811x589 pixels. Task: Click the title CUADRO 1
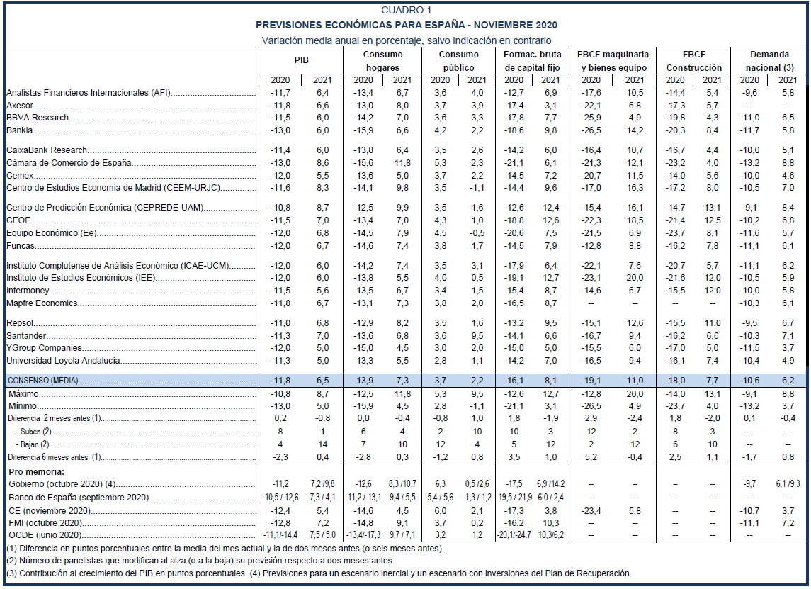point(406,10)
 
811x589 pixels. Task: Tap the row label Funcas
point(21,246)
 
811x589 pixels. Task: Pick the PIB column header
point(302,61)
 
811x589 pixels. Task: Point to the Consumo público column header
point(458,61)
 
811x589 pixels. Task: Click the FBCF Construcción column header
point(693,61)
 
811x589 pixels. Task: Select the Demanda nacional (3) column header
point(769,61)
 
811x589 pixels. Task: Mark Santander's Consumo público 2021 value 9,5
point(477,336)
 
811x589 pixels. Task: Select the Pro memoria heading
point(35,471)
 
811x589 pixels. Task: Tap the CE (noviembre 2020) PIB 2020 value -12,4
point(281,510)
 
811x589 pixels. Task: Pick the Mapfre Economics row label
point(42,303)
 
